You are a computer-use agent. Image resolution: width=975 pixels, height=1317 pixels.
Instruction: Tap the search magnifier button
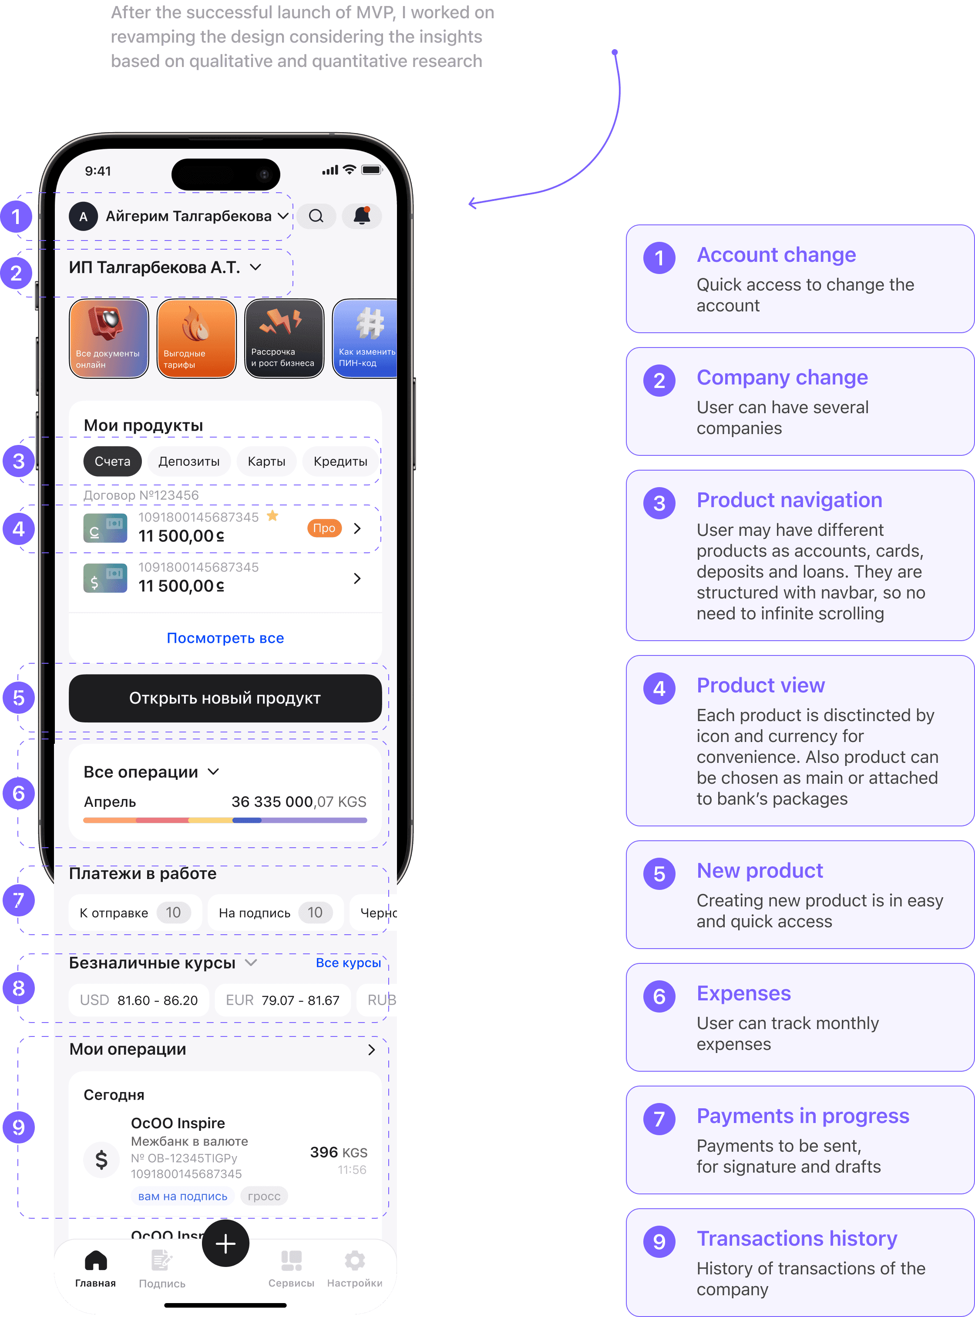pyautogui.click(x=316, y=216)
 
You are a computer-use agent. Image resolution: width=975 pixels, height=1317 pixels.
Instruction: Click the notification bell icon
pyautogui.click(x=362, y=216)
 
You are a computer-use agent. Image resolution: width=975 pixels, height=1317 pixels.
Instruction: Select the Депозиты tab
pyautogui.click(x=189, y=461)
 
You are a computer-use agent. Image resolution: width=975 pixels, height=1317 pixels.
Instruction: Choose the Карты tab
pyautogui.click(x=266, y=461)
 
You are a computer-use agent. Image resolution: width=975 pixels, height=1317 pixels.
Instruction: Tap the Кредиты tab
pyautogui.click(x=340, y=461)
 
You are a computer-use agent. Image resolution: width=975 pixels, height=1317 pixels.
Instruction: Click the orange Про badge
pyautogui.click(x=324, y=528)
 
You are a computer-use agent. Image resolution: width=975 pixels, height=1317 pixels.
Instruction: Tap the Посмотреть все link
pyautogui.click(x=225, y=638)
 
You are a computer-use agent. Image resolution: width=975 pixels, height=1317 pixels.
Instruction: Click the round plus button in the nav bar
pyautogui.click(x=225, y=1243)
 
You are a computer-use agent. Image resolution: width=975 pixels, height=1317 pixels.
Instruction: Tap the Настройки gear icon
pyautogui.click(x=355, y=1260)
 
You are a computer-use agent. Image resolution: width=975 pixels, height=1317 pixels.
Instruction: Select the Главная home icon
pyautogui.click(x=96, y=1260)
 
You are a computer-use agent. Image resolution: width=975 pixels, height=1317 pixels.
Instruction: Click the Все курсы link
pyautogui.click(x=348, y=963)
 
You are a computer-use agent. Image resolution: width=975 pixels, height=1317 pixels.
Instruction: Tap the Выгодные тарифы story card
pyautogui.click(x=197, y=338)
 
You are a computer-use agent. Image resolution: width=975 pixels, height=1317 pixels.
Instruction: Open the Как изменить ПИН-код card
pyautogui.click(x=365, y=338)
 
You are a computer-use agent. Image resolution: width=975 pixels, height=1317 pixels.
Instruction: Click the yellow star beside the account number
pyautogui.click(x=272, y=516)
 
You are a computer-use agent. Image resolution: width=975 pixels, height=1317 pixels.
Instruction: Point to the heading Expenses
pyautogui.click(x=743, y=993)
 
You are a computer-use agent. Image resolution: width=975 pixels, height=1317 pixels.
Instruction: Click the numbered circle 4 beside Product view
pyautogui.click(x=659, y=688)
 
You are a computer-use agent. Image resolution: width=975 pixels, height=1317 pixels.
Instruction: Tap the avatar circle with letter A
pyautogui.click(x=83, y=217)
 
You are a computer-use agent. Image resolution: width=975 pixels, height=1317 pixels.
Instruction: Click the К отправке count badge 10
pyautogui.click(x=173, y=913)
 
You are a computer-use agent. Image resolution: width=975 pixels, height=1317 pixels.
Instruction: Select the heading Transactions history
pyautogui.click(x=797, y=1239)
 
